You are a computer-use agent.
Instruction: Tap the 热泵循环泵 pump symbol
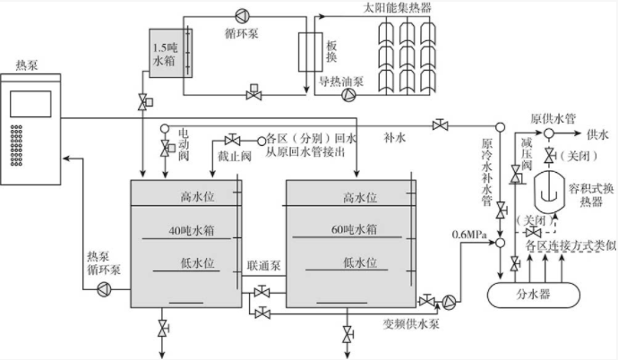pyautogui.click(x=104, y=287)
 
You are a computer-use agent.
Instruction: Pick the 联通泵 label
pyautogui.click(x=265, y=269)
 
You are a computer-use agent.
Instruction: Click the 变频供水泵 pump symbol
pyautogui.click(x=451, y=301)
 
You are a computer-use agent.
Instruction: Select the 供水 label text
pyautogui.click(x=597, y=134)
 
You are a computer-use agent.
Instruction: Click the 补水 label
pyautogui.click(x=396, y=138)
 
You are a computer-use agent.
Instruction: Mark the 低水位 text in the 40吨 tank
pyautogui.click(x=194, y=262)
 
